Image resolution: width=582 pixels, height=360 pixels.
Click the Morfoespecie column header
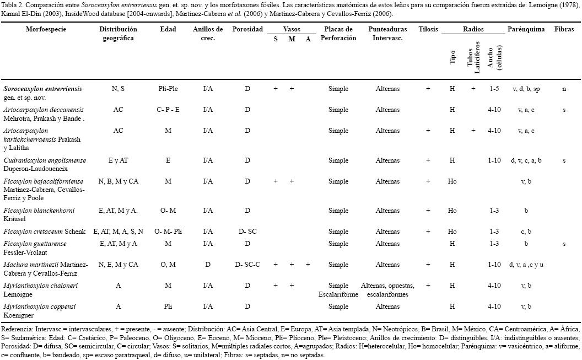click(x=46, y=29)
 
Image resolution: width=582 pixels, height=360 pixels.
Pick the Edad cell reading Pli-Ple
click(x=168, y=88)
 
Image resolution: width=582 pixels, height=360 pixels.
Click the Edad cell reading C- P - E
click(x=168, y=110)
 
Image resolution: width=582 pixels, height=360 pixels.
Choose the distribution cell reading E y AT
click(x=118, y=160)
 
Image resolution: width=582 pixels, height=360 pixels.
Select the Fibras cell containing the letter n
click(x=564, y=88)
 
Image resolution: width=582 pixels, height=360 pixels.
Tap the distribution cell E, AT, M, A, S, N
click(x=118, y=232)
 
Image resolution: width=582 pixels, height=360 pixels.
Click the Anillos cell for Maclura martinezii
click(x=208, y=264)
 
